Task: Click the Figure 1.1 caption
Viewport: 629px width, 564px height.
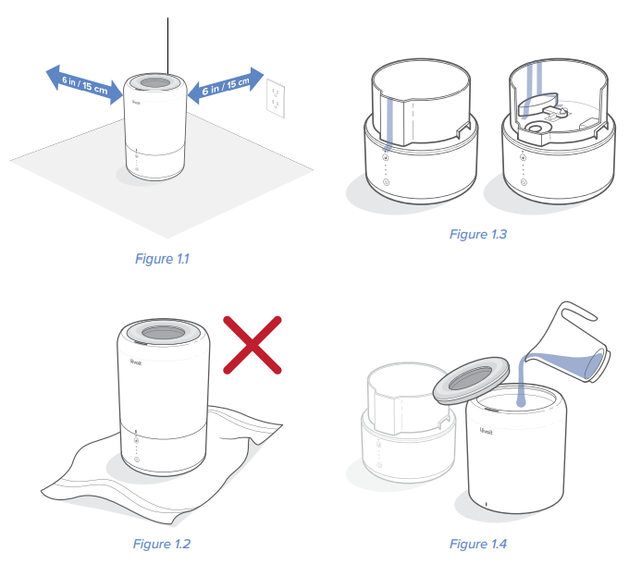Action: point(162,259)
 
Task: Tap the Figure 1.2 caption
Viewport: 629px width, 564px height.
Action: point(162,544)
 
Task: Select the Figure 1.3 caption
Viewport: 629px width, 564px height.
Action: point(478,234)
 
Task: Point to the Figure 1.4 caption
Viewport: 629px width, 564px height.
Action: point(478,544)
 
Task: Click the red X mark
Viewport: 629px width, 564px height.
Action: point(253,345)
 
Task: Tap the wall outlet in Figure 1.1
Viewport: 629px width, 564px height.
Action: point(276,98)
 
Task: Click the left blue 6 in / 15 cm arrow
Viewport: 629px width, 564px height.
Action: point(84,85)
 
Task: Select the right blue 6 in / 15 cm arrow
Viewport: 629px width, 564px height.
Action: point(226,85)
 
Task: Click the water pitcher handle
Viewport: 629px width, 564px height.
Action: point(577,311)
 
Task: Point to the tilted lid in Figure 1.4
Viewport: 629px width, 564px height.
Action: point(471,380)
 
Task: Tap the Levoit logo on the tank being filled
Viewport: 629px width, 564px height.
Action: point(486,431)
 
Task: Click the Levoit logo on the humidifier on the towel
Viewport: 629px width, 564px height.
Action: point(136,362)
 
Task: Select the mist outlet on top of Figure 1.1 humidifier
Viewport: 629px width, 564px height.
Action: point(155,83)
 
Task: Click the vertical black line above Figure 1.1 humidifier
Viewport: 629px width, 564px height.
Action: point(167,45)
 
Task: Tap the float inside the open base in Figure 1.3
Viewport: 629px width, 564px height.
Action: point(537,103)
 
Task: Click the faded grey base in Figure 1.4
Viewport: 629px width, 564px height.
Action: point(409,425)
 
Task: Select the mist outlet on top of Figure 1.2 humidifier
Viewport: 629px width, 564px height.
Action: point(164,332)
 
